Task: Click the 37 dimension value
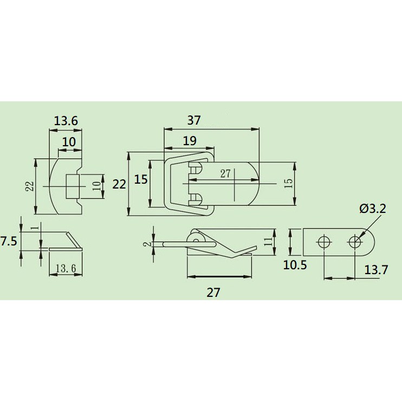194,120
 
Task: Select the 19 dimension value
190,141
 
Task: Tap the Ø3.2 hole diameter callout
373,209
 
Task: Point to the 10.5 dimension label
295,265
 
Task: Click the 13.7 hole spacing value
376,270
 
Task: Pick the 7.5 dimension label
9,241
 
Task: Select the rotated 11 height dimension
268,242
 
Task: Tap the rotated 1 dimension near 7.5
36,228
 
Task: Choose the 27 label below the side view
213,293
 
